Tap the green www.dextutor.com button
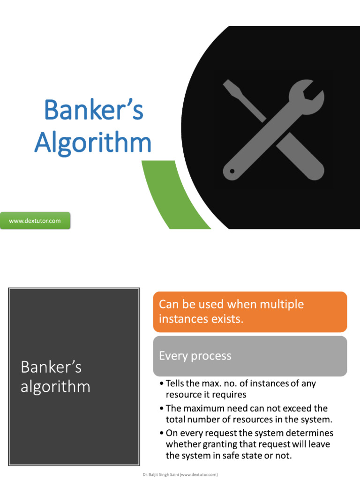point(35,221)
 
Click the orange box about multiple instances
point(250,312)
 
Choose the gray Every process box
point(250,356)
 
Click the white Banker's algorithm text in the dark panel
point(55,377)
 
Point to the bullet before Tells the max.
point(161,384)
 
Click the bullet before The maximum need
point(161,409)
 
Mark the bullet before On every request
point(161,434)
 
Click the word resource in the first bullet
point(185,395)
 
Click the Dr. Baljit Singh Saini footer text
point(180,474)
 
